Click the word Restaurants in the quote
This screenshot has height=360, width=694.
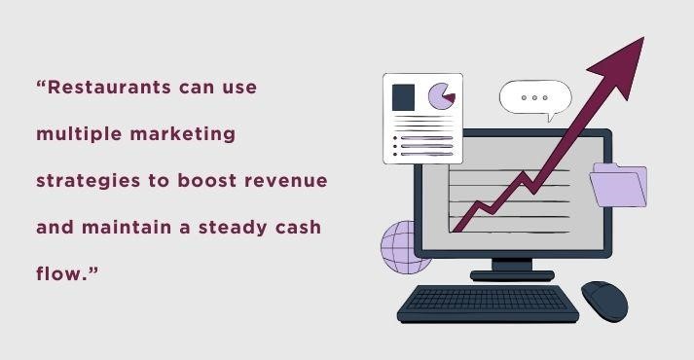coord(106,88)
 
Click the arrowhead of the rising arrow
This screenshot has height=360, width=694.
coord(622,59)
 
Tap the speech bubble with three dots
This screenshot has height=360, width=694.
coord(534,98)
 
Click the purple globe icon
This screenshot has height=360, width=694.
coord(405,244)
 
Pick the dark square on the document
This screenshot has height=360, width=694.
coord(403,96)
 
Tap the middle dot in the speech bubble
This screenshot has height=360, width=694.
coord(534,98)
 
